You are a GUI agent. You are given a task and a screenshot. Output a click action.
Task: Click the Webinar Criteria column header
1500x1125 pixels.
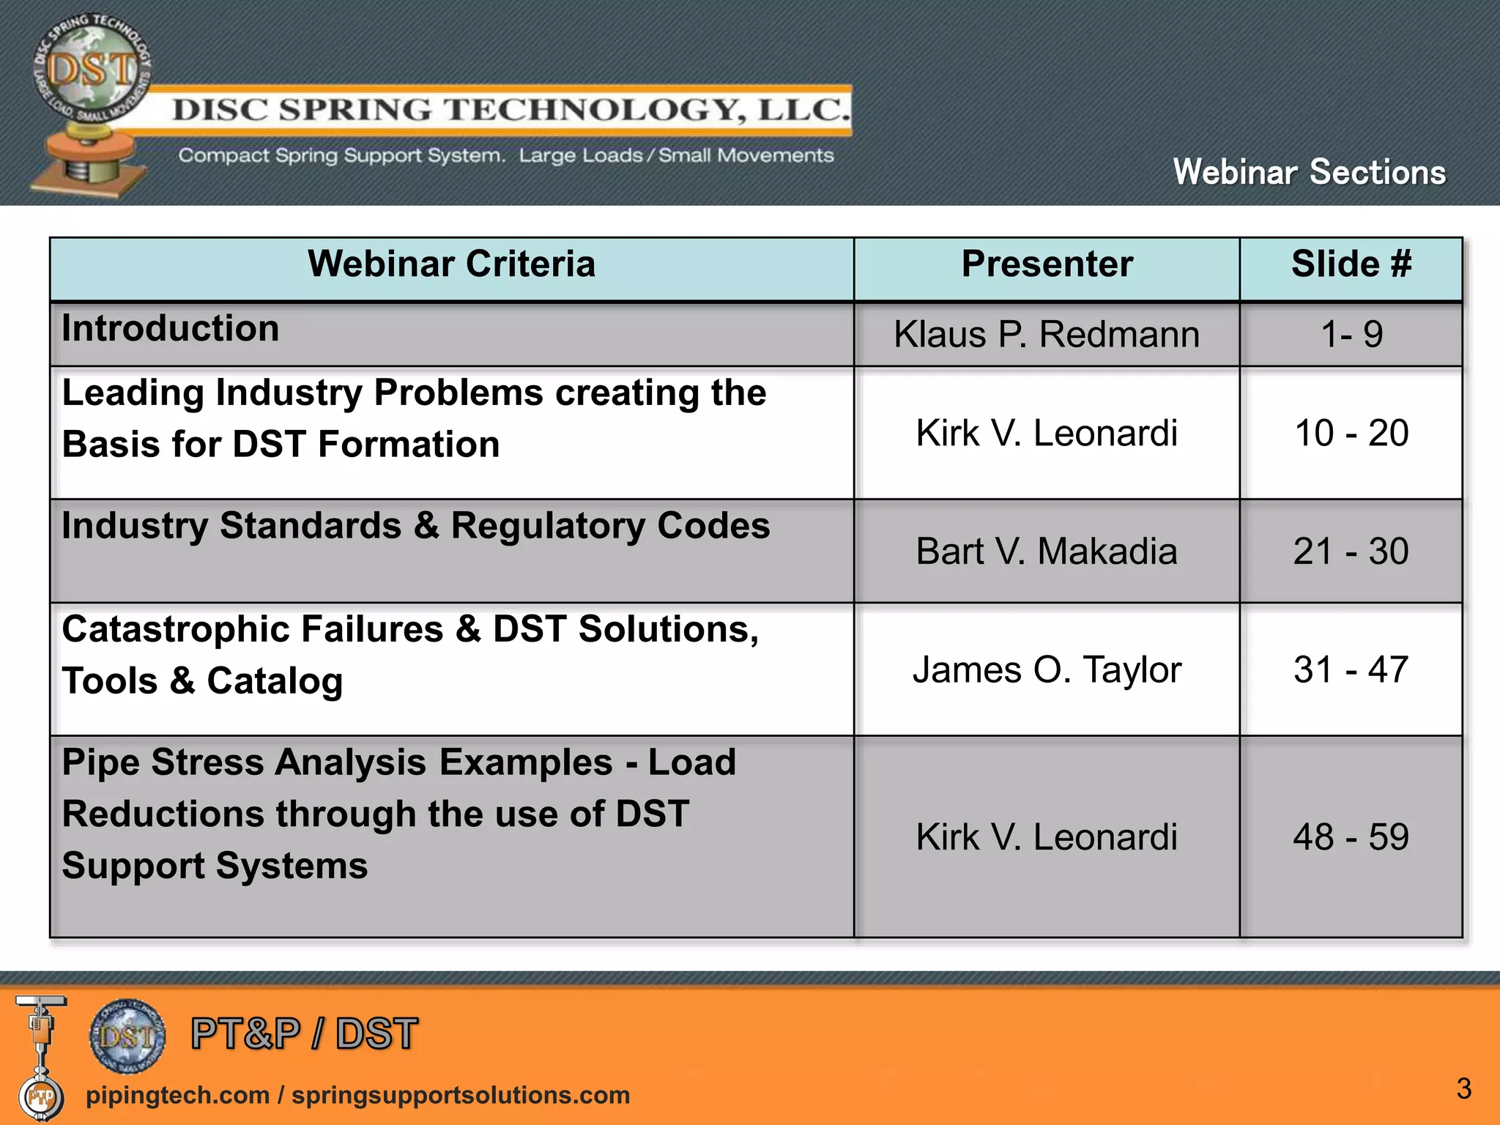(x=451, y=264)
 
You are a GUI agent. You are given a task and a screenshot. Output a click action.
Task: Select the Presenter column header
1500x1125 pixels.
(x=1047, y=264)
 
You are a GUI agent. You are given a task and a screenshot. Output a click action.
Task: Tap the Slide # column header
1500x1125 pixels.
(x=1351, y=264)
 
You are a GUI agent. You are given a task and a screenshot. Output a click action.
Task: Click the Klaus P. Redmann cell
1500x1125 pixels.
(x=1047, y=335)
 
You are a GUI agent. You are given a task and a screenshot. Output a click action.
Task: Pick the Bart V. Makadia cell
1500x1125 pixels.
(x=1047, y=552)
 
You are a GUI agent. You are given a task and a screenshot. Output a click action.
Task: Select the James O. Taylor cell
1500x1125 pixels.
(x=1047, y=669)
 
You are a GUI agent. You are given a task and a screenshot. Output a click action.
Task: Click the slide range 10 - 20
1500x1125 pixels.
(x=1351, y=433)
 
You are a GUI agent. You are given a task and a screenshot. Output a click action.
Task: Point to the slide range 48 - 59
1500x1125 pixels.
(x=1351, y=837)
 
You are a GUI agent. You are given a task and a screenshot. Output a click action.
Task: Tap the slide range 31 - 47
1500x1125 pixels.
(x=1351, y=669)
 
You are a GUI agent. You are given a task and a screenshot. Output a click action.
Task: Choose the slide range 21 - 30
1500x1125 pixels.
(x=1351, y=552)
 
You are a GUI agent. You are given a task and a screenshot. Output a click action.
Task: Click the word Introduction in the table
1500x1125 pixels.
(x=171, y=328)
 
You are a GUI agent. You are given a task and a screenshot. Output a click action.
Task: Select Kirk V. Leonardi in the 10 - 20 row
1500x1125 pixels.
(x=1047, y=433)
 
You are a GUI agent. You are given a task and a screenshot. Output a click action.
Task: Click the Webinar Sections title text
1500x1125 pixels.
(x=1309, y=172)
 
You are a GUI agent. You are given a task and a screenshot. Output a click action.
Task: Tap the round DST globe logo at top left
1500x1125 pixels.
(x=91, y=70)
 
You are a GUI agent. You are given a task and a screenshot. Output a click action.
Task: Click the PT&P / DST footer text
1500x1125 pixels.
(x=304, y=1033)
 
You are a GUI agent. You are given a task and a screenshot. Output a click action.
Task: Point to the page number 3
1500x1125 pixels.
(x=1463, y=1088)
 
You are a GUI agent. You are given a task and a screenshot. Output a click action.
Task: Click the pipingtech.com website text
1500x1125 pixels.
(x=177, y=1095)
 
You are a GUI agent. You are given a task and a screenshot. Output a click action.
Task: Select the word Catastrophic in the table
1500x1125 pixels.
(x=179, y=629)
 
